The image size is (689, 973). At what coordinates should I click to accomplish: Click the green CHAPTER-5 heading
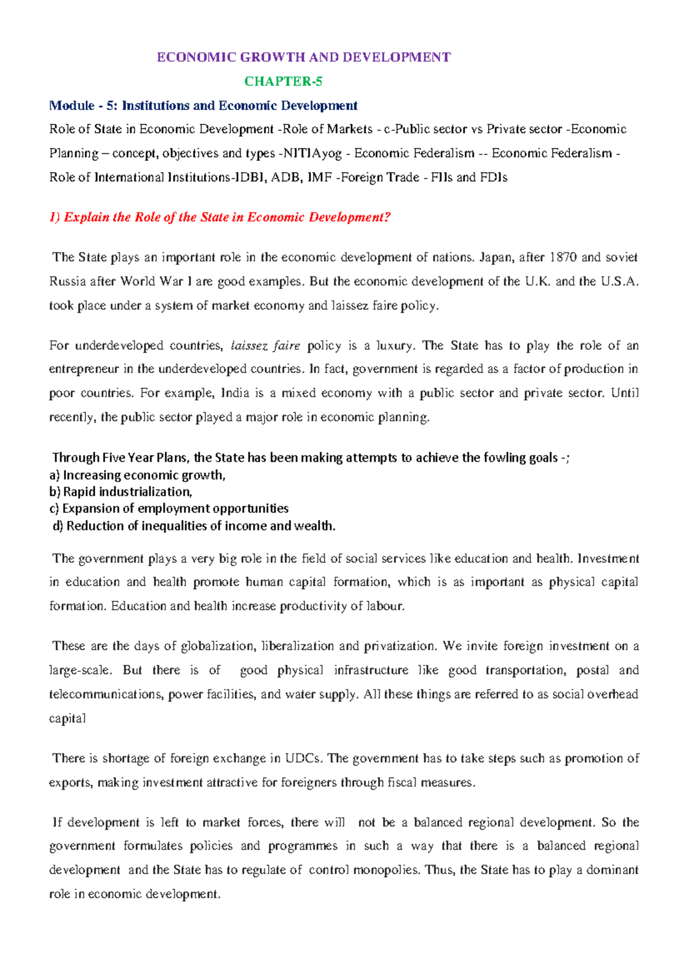283,81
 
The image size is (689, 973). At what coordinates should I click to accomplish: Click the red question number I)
55,217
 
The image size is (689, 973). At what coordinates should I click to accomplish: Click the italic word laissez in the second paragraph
248,345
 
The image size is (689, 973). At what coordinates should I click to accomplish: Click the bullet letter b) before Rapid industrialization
55,492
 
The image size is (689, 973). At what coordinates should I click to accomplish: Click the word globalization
218,646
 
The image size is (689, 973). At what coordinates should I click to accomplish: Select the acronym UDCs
304,758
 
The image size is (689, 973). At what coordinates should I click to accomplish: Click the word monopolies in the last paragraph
388,870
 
